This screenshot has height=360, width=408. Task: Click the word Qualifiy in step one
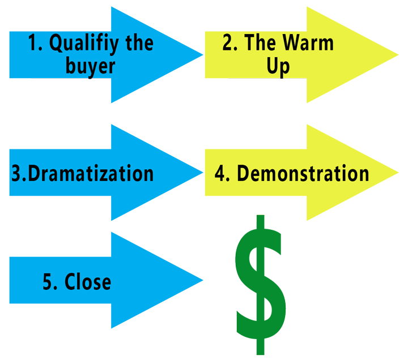(84, 44)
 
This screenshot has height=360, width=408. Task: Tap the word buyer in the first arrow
(90, 67)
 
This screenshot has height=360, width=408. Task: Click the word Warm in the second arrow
(308, 42)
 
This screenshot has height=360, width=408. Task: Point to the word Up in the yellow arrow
(278, 67)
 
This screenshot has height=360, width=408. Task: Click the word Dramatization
(91, 173)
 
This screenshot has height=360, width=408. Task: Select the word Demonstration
(303, 173)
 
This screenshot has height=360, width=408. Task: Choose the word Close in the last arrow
(88, 281)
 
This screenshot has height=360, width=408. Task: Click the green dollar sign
(261, 285)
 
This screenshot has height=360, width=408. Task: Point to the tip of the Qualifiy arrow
(203, 55)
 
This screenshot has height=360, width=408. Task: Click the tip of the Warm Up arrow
(398, 55)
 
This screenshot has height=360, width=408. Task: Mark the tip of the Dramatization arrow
(203, 172)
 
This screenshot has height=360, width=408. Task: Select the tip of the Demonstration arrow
(398, 172)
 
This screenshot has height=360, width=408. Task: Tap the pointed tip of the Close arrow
(203, 280)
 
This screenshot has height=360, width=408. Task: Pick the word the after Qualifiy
(140, 42)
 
